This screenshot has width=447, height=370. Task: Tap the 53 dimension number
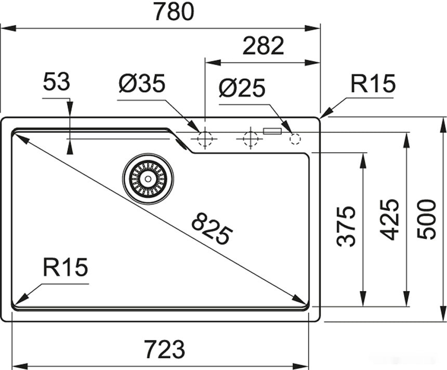(x=56, y=82)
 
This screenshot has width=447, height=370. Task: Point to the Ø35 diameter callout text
(x=141, y=83)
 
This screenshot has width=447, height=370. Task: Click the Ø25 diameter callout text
(x=242, y=88)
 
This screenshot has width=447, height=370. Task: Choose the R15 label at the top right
(x=373, y=83)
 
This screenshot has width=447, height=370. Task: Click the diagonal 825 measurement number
(x=211, y=229)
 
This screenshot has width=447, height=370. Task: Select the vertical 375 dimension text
(x=346, y=226)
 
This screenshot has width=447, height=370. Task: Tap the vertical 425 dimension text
(x=389, y=219)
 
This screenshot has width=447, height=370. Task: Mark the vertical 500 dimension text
(x=427, y=219)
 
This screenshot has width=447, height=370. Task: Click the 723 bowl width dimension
(x=164, y=349)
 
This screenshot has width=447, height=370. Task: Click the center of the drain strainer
(x=148, y=179)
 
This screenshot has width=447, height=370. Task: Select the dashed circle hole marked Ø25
(x=295, y=139)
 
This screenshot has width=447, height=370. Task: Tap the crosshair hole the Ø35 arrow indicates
(x=205, y=139)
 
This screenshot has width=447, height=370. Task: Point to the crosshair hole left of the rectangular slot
(x=250, y=139)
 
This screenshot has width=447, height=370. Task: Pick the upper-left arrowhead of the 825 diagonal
(x=19, y=137)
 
